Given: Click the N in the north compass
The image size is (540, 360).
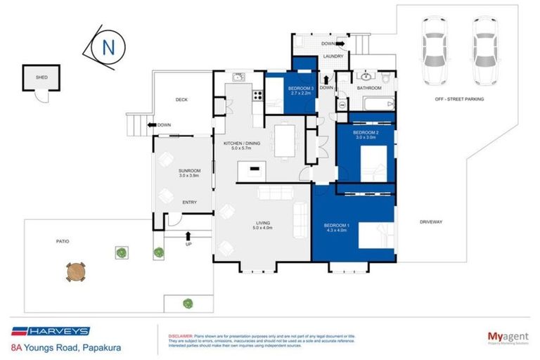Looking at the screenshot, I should coord(108,48).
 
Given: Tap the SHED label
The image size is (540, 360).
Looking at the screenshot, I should coord(42,77).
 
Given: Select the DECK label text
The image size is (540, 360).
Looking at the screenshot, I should coord(181,101).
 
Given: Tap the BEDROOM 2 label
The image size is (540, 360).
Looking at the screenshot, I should coord(366,133).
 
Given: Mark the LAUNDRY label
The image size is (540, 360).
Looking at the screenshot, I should coord(332,56).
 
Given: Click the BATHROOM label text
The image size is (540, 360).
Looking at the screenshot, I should coord(368,88).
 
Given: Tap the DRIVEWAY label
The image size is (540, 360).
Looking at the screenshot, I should coord(430,222).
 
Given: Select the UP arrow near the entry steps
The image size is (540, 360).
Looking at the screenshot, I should coord(188,236).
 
